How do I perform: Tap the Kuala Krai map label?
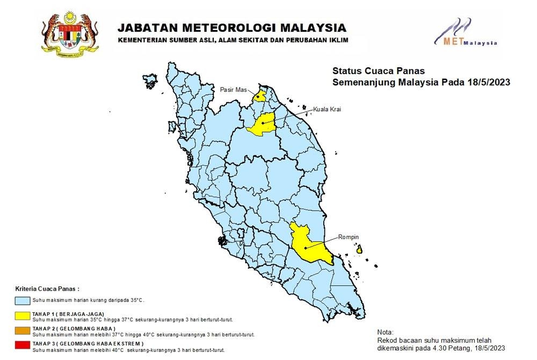coord(328,109)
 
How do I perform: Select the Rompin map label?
coord(347,237)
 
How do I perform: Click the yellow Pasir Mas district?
coord(260,97)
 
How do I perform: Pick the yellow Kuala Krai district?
coord(263,123)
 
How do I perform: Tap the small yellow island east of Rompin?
coord(359,249)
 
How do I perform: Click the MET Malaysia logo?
coord(465,33)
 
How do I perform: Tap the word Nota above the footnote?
coord(386,332)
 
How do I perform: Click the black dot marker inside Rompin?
coord(305,248)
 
